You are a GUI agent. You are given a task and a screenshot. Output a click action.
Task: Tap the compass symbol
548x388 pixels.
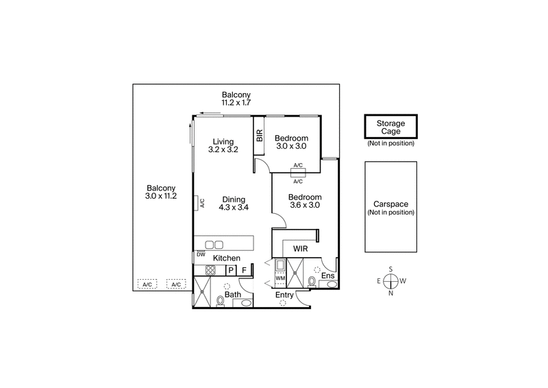tap(391, 281)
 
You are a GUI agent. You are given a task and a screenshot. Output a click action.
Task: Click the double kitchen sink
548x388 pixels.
tap(214, 244)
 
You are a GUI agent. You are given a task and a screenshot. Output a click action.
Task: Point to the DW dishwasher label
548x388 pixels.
tap(201, 254)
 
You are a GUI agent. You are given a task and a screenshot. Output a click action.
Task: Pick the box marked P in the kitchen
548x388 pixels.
tap(231, 270)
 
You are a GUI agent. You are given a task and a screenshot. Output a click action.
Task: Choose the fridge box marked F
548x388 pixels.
tap(243, 270)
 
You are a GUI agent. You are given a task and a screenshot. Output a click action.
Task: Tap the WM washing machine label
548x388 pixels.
tap(279, 278)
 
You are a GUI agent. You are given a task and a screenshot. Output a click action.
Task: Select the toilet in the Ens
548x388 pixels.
tap(312, 281)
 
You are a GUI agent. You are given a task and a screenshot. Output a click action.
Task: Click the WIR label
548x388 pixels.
tap(300, 247)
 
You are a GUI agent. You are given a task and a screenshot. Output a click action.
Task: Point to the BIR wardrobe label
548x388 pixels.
tap(260, 135)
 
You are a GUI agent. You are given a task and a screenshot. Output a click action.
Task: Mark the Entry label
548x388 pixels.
tap(285, 295)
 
